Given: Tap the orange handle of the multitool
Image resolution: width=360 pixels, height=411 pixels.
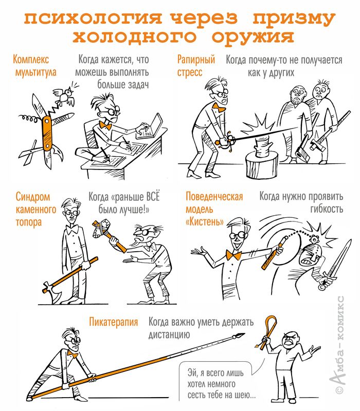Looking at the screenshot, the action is pos(47,133).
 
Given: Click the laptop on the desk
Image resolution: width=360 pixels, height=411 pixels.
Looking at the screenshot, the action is pos(150,127).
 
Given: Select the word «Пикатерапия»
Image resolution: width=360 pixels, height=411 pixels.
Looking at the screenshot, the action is pos(113,322).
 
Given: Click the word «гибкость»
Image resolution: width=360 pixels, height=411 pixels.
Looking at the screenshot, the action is pos(327,209).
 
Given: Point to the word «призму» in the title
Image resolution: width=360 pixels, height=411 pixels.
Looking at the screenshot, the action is pos(294,18).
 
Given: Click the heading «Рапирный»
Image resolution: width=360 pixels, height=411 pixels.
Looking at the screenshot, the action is pos(196,60).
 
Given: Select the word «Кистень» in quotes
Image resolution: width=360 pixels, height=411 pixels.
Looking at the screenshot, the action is pos(205,222).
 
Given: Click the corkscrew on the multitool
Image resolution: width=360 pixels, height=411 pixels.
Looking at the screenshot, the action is pos(31,120).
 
